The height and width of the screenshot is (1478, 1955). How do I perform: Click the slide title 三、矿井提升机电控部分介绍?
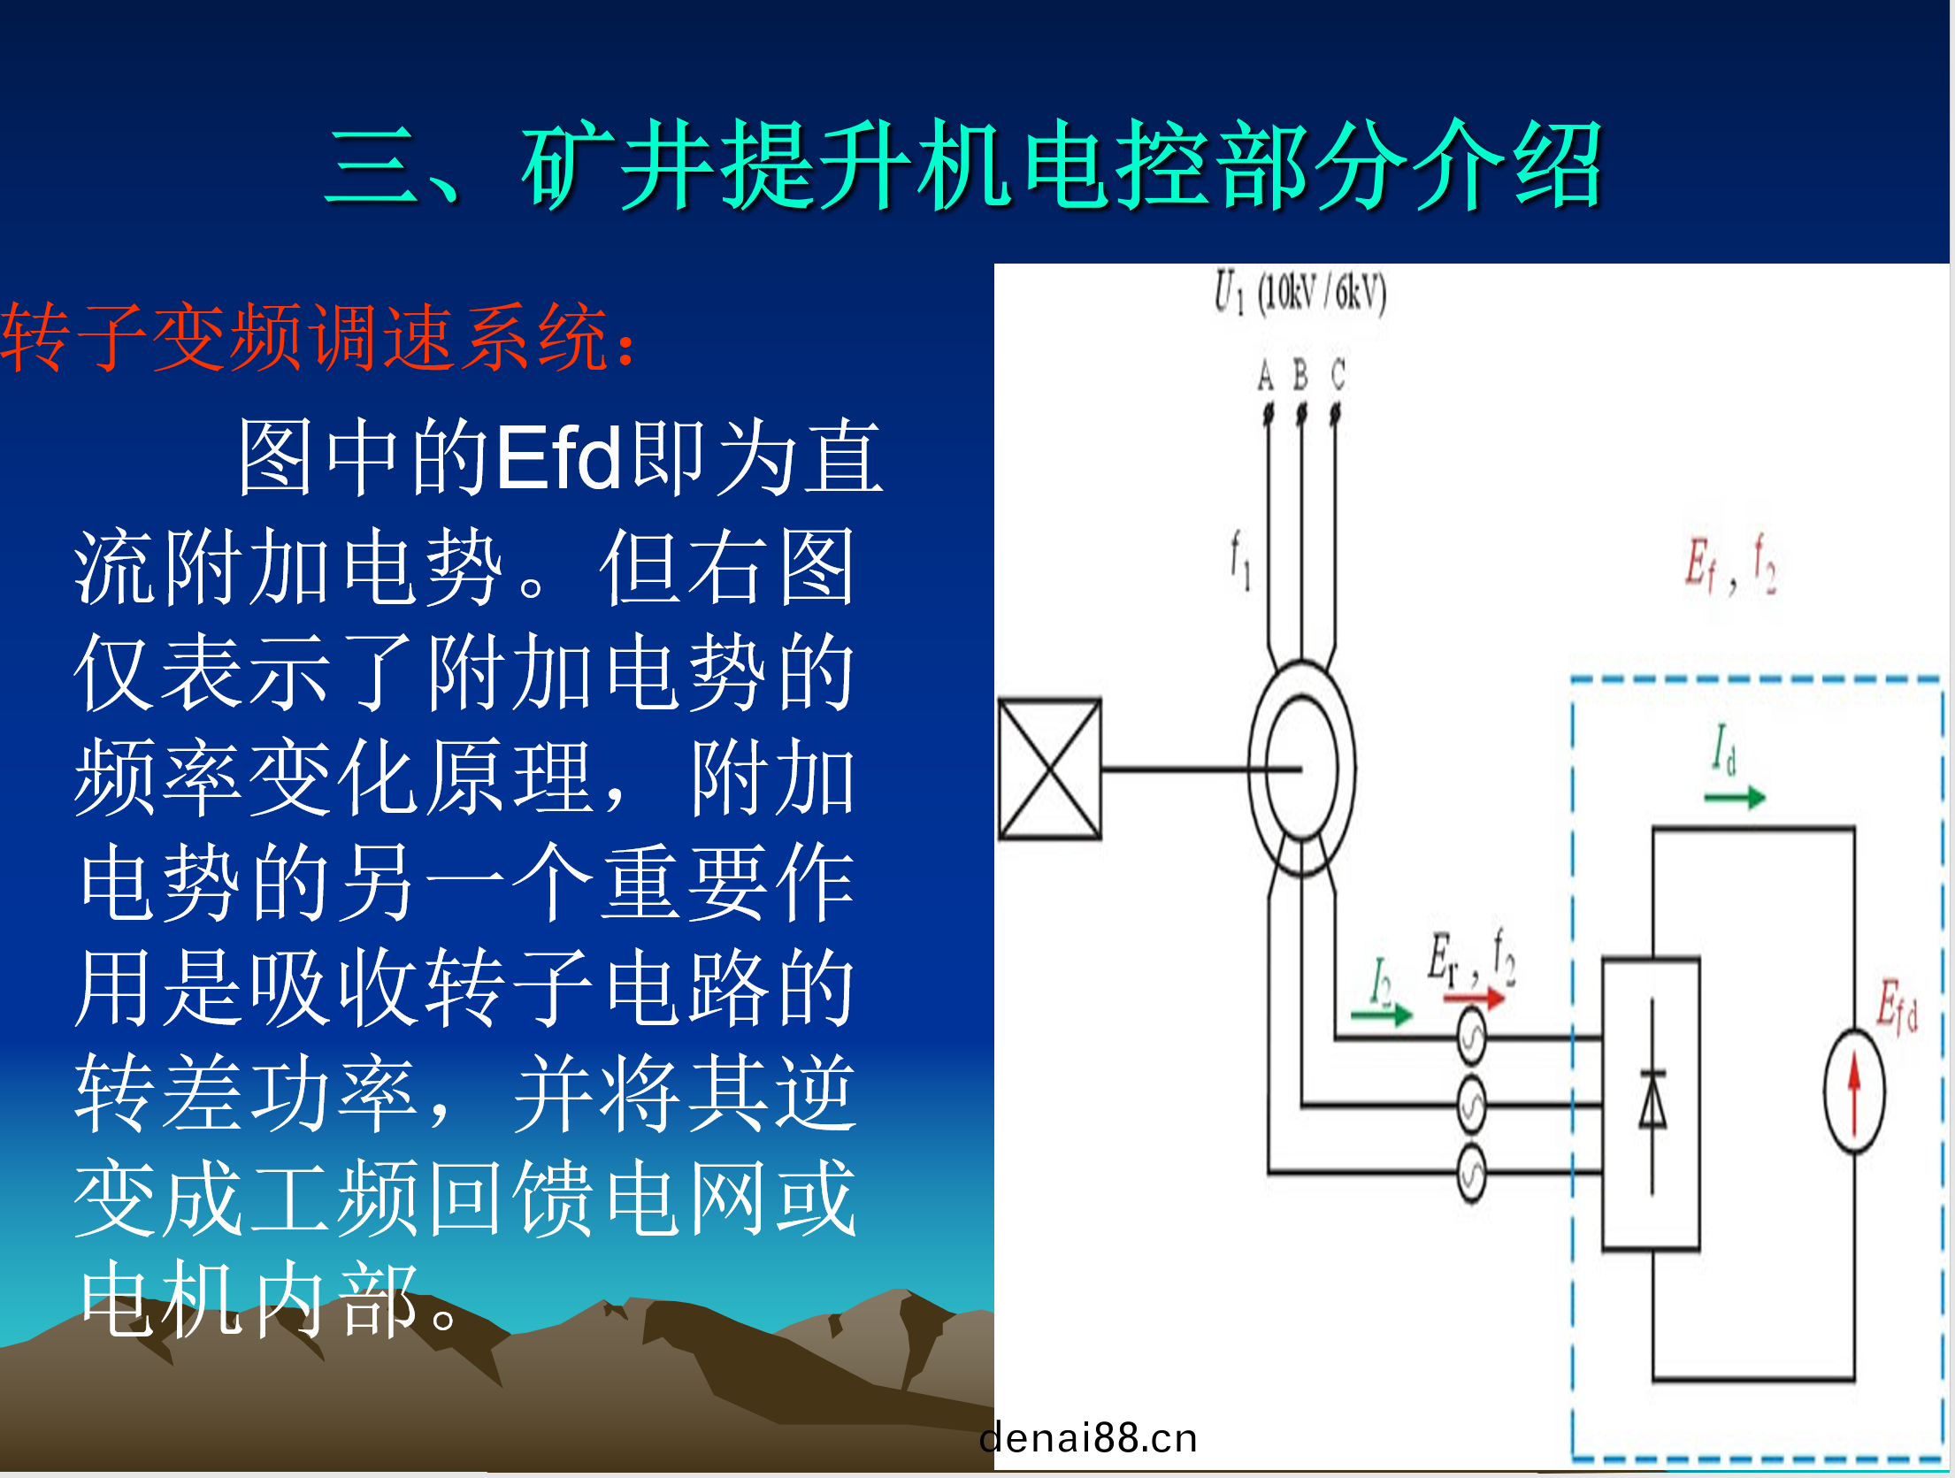pyautogui.click(x=964, y=165)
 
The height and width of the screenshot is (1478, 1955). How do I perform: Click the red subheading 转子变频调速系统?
pyautogui.click(x=305, y=337)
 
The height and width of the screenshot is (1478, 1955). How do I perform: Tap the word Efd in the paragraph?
pyautogui.click(x=559, y=457)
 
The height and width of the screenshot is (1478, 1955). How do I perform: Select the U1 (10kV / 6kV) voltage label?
pyautogui.click(x=1300, y=293)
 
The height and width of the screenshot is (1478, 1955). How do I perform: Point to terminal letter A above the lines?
pyautogui.click(x=1266, y=376)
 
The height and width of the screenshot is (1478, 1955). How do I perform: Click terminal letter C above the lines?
pyautogui.click(x=1338, y=375)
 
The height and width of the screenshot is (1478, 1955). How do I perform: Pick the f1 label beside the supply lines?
pyautogui.click(x=1240, y=559)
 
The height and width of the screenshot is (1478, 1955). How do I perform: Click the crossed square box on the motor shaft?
pyautogui.click(x=1050, y=769)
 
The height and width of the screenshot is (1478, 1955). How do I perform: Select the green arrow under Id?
pyautogui.click(x=1735, y=798)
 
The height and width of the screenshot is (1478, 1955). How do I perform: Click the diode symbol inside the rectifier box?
pyautogui.click(x=1652, y=1099)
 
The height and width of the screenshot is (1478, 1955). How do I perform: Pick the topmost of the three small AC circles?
pyautogui.click(x=1471, y=1037)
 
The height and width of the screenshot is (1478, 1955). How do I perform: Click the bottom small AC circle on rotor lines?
pyautogui.click(x=1471, y=1173)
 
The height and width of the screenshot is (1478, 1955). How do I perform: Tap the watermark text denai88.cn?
pyautogui.click(x=1088, y=1438)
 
